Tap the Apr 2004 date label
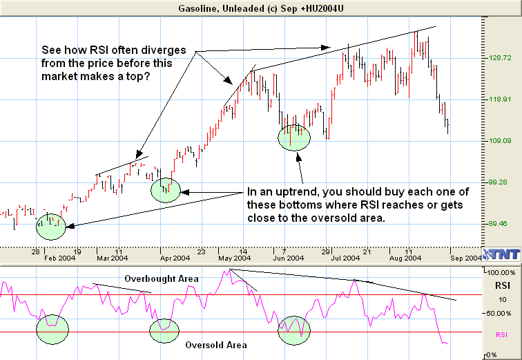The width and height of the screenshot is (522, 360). coord(174,258)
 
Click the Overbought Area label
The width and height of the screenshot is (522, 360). coord(162,278)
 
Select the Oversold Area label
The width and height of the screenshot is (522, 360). coord(215,344)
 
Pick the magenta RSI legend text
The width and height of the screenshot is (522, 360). coord(503,334)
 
